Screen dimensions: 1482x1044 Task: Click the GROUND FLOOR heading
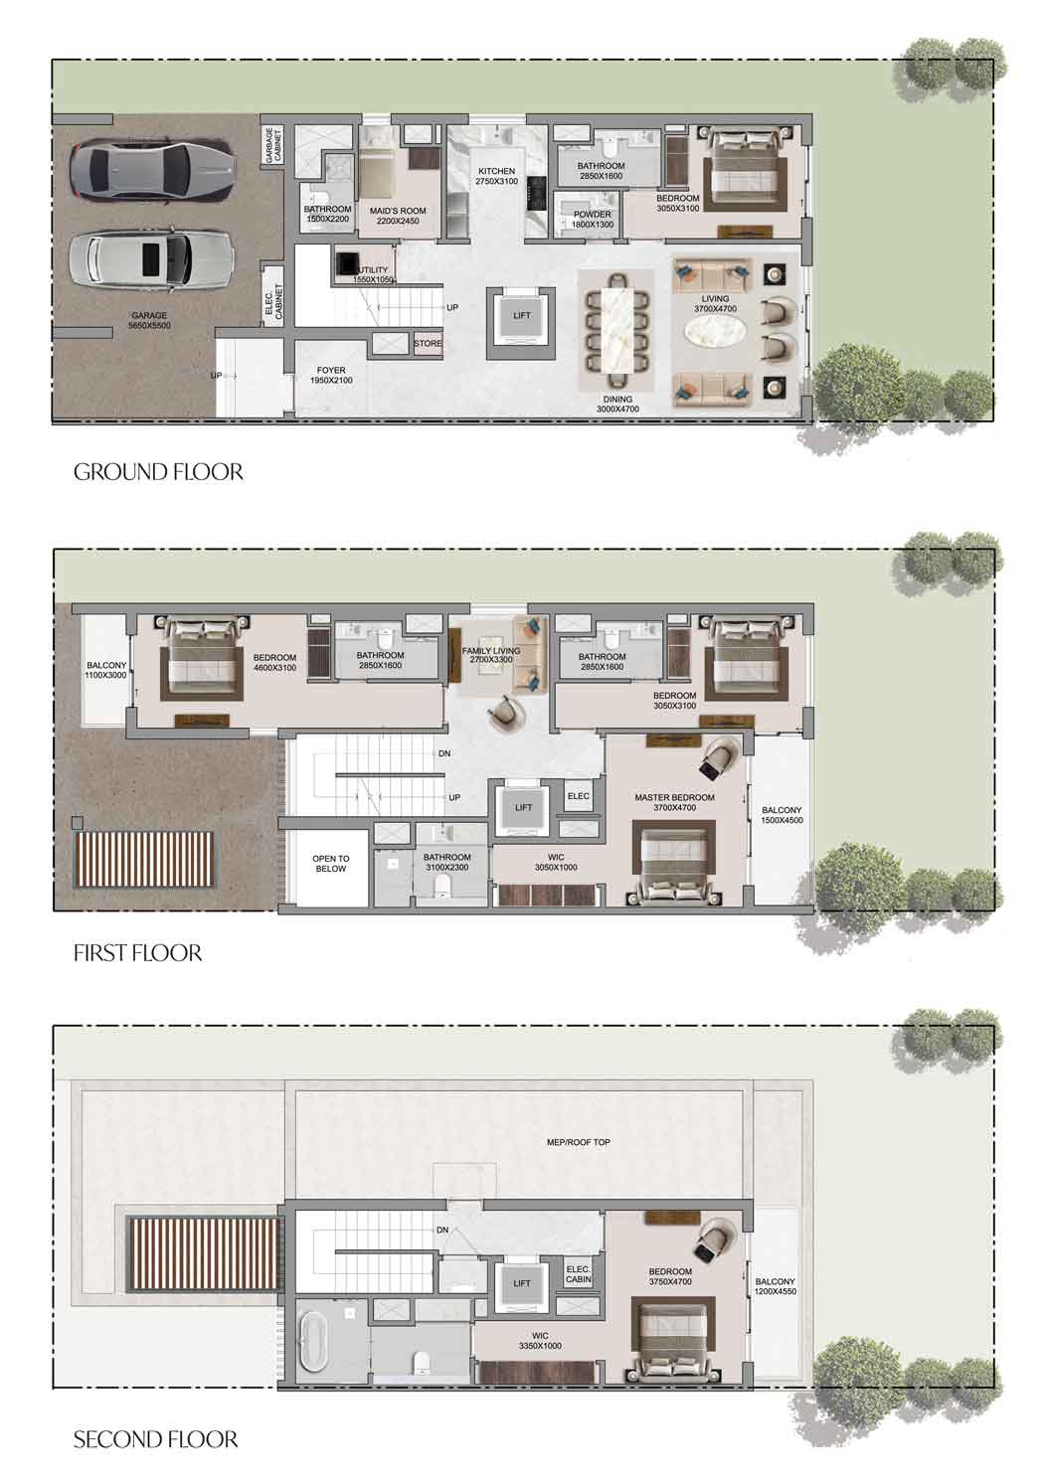158,471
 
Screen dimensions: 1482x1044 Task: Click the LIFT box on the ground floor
522,316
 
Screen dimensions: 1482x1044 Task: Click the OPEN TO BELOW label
331,863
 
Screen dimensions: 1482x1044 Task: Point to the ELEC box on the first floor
578,796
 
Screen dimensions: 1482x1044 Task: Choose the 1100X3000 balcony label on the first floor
105,671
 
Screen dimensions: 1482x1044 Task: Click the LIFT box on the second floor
522,1283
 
